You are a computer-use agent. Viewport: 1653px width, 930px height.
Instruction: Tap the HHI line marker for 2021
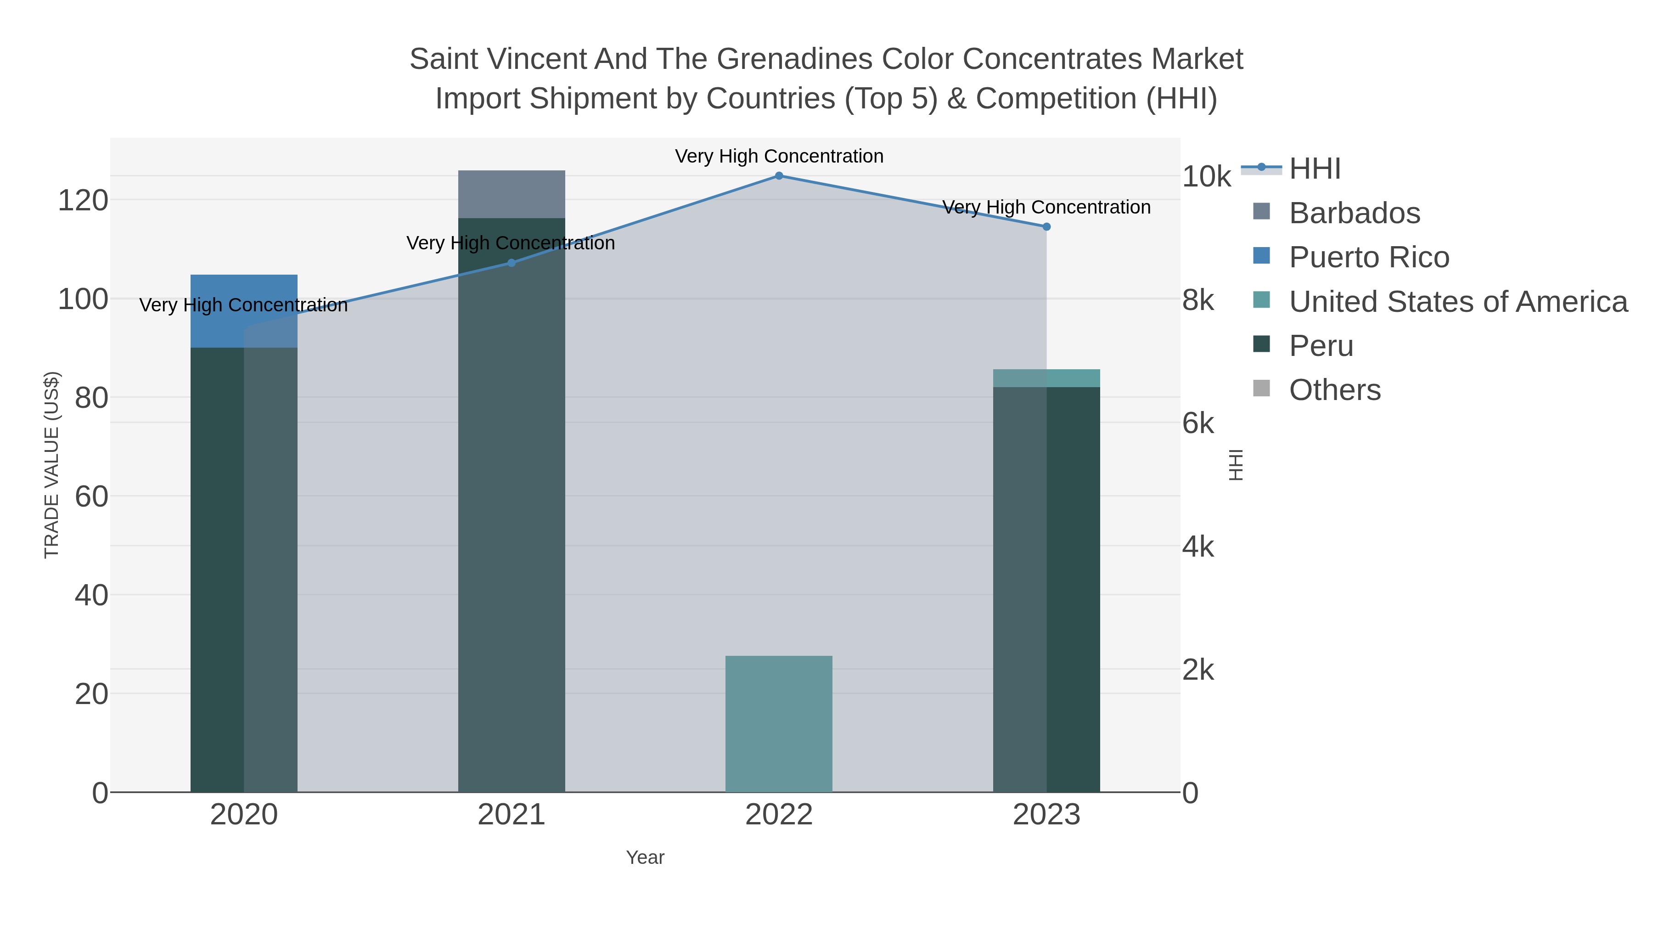pyautogui.click(x=512, y=263)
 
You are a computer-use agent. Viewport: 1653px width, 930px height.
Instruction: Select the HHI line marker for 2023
pyautogui.click(x=1046, y=226)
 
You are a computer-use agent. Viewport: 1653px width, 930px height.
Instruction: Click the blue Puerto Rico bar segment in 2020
pyautogui.click(x=244, y=311)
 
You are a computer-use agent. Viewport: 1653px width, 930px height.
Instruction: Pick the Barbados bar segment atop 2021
pyautogui.click(x=512, y=194)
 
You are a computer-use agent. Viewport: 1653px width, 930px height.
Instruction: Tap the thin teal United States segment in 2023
pyautogui.click(x=1046, y=378)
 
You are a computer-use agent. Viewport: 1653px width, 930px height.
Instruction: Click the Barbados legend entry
pyautogui.click(x=1354, y=213)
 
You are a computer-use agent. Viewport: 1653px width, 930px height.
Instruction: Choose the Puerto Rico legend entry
pyautogui.click(x=1368, y=257)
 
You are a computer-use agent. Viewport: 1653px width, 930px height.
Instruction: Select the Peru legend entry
pyautogui.click(x=1321, y=346)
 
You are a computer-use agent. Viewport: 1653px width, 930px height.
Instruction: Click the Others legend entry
pyautogui.click(x=1334, y=390)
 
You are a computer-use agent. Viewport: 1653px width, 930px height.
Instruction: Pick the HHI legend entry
pyautogui.click(x=1314, y=169)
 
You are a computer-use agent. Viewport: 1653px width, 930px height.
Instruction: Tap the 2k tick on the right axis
pyautogui.click(x=1198, y=670)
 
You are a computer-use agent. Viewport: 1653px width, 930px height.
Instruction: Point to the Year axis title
pyautogui.click(x=645, y=857)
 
